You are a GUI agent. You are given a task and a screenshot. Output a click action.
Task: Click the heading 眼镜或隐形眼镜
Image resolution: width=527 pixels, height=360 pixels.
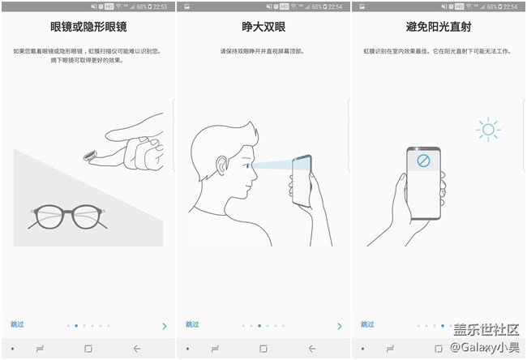click(88, 27)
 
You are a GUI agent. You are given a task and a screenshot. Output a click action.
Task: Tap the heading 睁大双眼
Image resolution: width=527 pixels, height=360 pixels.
click(263, 27)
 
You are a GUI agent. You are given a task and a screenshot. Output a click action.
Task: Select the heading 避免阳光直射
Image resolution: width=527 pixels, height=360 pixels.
click(439, 27)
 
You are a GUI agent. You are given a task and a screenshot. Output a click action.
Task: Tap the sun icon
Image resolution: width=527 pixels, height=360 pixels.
click(488, 129)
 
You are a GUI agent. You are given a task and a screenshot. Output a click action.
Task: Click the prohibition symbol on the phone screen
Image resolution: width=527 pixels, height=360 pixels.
click(422, 161)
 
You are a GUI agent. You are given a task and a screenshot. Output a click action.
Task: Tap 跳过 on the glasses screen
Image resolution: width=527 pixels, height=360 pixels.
click(17, 324)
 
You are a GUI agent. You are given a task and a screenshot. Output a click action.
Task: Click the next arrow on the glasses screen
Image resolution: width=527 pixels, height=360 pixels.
click(164, 326)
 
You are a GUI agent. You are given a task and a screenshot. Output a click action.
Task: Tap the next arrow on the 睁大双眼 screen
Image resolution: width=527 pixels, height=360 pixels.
click(339, 326)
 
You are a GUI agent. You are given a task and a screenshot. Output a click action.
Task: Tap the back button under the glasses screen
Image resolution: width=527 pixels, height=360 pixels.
click(136, 349)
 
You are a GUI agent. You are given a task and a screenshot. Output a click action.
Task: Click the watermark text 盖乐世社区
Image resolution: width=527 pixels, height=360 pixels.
click(485, 331)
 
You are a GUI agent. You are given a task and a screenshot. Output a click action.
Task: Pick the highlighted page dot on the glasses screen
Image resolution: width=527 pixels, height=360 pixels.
click(75, 325)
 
